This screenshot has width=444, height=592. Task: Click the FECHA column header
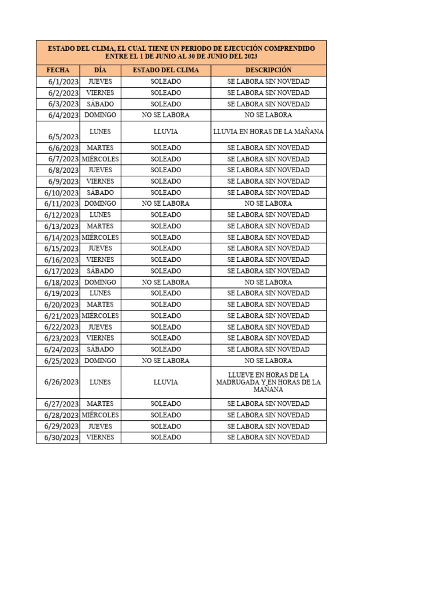pos(58,70)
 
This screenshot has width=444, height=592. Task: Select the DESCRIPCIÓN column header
pos(268,70)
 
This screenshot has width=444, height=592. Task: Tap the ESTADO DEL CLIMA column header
pos(166,70)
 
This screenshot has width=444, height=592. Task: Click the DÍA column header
pos(100,70)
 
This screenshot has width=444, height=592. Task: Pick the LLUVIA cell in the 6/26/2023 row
pos(166,382)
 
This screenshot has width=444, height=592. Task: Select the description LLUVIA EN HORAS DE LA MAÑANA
pos(268,132)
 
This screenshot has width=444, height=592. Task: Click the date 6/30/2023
pos(61,438)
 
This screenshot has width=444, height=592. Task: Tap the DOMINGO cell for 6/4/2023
pos(100,115)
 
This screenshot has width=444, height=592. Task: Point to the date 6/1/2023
pos(64,82)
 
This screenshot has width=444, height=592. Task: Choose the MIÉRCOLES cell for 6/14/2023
pos(100,237)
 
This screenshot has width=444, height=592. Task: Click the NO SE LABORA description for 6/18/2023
pos(268,282)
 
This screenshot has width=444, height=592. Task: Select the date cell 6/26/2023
pos(61,382)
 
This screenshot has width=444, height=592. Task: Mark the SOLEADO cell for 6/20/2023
pos(166,304)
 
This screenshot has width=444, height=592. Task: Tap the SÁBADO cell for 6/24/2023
pos(100,349)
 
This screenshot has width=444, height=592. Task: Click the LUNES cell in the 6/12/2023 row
pos(100,214)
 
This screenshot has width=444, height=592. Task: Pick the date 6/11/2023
pos(61,203)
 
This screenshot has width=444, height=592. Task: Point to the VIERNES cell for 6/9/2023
pos(100,181)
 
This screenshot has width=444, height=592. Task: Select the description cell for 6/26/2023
pos(268,382)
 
